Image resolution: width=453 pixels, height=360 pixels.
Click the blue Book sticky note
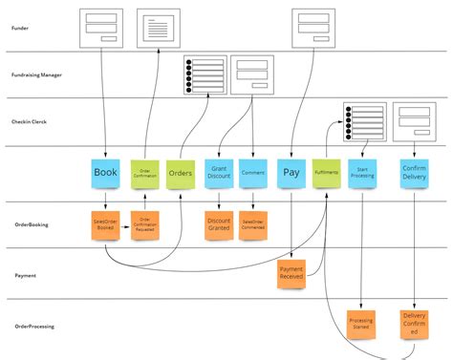click(105, 173)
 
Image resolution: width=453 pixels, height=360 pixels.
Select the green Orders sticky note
click(180, 174)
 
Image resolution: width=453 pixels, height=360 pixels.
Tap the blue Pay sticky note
click(291, 173)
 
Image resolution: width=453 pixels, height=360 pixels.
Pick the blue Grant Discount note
click(218, 174)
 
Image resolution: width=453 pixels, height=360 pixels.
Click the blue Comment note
click(253, 174)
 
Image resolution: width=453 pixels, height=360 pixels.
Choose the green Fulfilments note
click(326, 173)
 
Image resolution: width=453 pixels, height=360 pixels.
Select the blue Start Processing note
click(361, 174)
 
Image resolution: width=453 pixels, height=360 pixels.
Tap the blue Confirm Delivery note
click(414, 174)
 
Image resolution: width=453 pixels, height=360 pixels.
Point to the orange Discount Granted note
click(218, 224)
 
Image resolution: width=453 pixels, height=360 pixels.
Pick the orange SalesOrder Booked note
click(105, 224)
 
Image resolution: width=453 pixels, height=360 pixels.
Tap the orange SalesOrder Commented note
click(253, 224)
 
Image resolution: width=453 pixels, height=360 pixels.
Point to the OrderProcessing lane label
click(32, 326)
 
